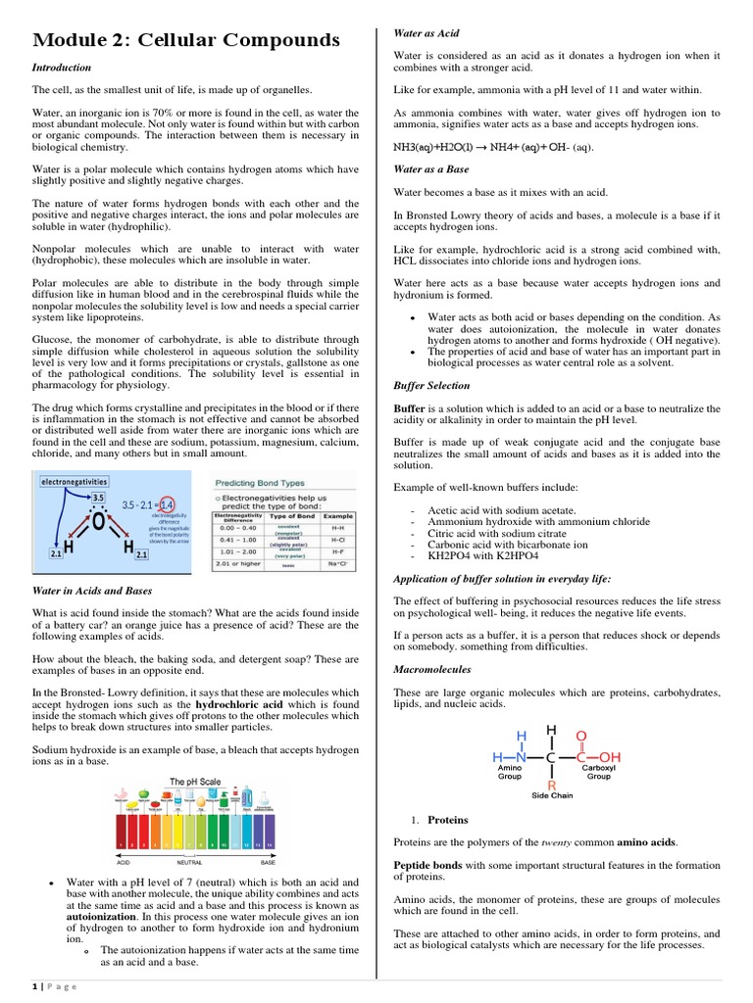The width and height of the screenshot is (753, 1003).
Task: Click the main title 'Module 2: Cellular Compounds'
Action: pyautogui.click(x=186, y=40)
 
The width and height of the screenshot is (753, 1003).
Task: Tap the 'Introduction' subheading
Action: pyautogui.click(x=62, y=68)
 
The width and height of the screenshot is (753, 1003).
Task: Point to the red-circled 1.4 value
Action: pyautogui.click(x=167, y=505)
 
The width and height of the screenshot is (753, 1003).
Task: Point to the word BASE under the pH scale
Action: pyautogui.click(x=267, y=864)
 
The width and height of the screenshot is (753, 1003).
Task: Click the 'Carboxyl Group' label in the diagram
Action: pyautogui.click(x=598, y=774)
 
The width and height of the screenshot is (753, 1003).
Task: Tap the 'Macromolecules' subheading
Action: pyautogui.click(x=432, y=669)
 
